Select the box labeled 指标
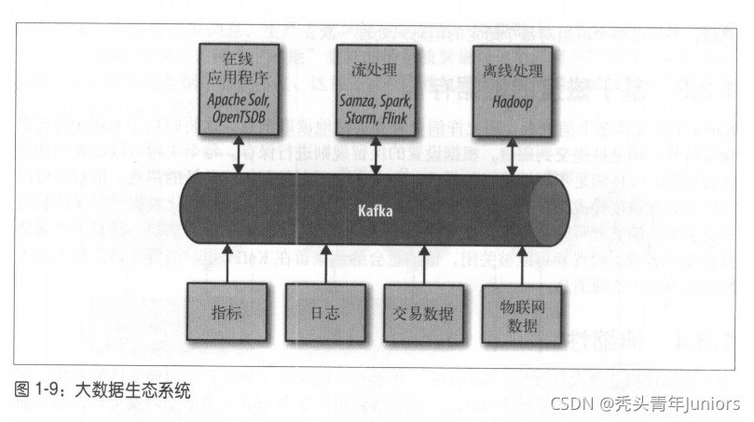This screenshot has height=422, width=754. click(x=227, y=312)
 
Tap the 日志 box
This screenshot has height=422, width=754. click(x=323, y=312)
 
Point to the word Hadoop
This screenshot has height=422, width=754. click(x=511, y=104)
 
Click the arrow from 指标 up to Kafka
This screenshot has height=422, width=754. click(x=227, y=264)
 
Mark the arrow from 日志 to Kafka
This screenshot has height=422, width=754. click(x=323, y=264)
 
